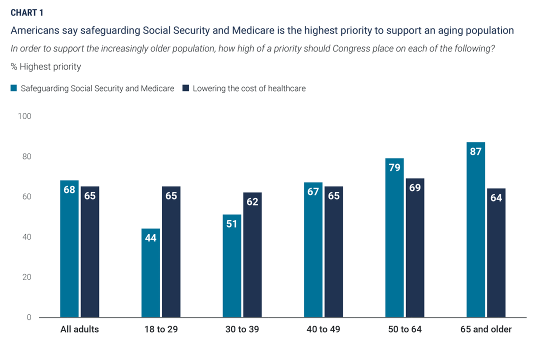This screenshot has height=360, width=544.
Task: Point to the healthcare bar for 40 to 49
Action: pyautogui.click(x=333, y=252)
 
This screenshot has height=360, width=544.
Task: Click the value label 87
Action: pyautogui.click(x=475, y=151)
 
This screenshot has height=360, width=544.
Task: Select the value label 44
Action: pyautogui.click(x=150, y=237)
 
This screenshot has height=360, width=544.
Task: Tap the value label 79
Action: pyautogui.click(x=394, y=167)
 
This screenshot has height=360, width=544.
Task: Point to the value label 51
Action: pyautogui.click(x=232, y=223)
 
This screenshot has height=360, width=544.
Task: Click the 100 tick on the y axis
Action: pyautogui.click(x=24, y=116)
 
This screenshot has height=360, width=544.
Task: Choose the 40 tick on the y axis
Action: pyautogui.click(x=26, y=237)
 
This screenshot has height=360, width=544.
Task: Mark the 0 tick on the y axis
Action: pyautogui.click(x=29, y=317)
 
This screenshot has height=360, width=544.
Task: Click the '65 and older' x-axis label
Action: pyautogui.click(x=486, y=330)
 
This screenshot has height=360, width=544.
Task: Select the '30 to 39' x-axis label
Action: pyautogui.click(x=242, y=330)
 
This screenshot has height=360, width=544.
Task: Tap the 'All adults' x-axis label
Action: pyautogui.click(x=79, y=330)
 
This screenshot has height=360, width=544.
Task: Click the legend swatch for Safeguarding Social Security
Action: pyautogui.click(x=14, y=88)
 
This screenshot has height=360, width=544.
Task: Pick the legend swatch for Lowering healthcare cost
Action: pyautogui.click(x=185, y=88)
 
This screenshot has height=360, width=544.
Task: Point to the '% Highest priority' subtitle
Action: pyautogui.click(x=46, y=66)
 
